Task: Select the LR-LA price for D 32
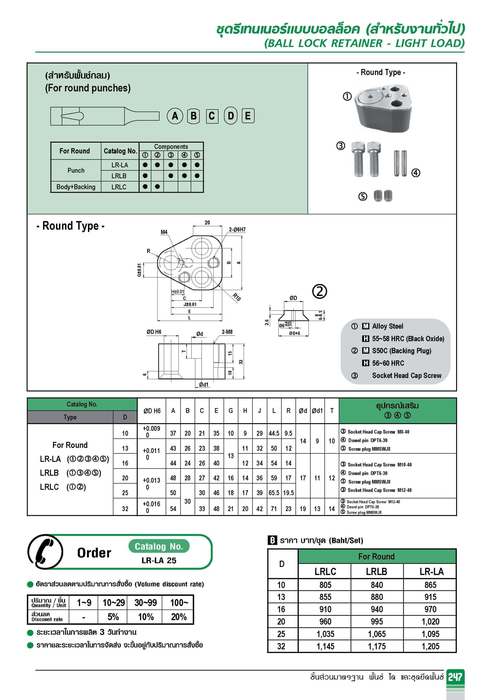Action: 430,646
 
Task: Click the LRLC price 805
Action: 325,585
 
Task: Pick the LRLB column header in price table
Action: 377,571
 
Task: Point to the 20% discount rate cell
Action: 179,617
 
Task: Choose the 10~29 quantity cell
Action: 113,603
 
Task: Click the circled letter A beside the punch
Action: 175,116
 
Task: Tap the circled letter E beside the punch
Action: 248,116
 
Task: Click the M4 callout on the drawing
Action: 164,232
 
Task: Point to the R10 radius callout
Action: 237,297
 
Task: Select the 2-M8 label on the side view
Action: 227,332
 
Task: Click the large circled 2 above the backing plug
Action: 319,291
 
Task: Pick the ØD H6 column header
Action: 152,411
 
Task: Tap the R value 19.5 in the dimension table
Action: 288,493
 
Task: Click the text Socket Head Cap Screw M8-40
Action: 378,432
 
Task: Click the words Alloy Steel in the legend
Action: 387,326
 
